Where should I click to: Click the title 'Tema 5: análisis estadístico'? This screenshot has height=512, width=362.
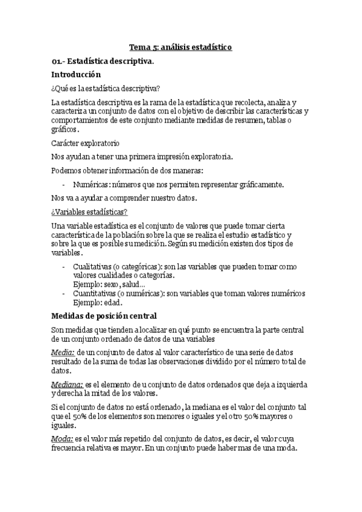181,46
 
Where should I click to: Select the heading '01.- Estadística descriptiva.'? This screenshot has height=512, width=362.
103,61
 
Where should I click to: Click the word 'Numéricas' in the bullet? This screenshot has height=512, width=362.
89,184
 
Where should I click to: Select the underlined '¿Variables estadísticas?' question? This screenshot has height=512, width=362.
89,211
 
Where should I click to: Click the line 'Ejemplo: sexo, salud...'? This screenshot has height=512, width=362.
109,284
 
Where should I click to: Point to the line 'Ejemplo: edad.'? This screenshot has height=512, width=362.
97,302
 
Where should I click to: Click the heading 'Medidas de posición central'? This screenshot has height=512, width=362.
104,316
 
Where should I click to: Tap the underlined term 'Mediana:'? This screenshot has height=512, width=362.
67,385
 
